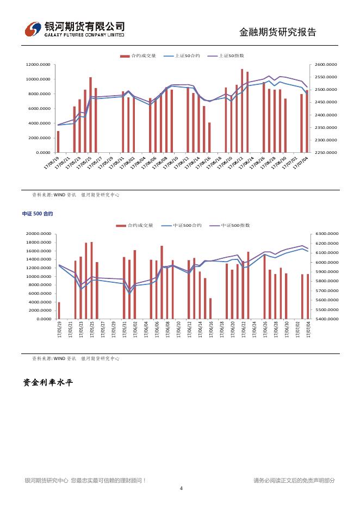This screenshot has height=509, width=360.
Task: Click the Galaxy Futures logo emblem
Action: (34, 29)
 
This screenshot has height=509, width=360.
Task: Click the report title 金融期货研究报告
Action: (277, 32)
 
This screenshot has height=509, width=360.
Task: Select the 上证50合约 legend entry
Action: (187, 56)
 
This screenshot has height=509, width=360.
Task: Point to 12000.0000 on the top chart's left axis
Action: (38, 65)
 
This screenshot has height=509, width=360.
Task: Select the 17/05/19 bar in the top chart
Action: (58, 141)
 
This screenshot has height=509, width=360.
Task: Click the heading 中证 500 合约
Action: (38, 214)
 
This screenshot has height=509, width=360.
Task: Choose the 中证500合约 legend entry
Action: (187, 225)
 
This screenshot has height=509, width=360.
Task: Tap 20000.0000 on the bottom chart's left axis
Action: (38, 234)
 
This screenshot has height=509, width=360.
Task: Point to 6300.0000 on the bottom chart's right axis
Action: (326, 234)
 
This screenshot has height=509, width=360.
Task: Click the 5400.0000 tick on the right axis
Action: (326, 319)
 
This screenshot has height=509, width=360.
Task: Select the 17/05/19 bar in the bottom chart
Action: (59, 311)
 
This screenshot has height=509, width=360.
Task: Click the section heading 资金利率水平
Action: (48, 383)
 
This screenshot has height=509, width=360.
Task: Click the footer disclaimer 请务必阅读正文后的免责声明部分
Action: (294, 480)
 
